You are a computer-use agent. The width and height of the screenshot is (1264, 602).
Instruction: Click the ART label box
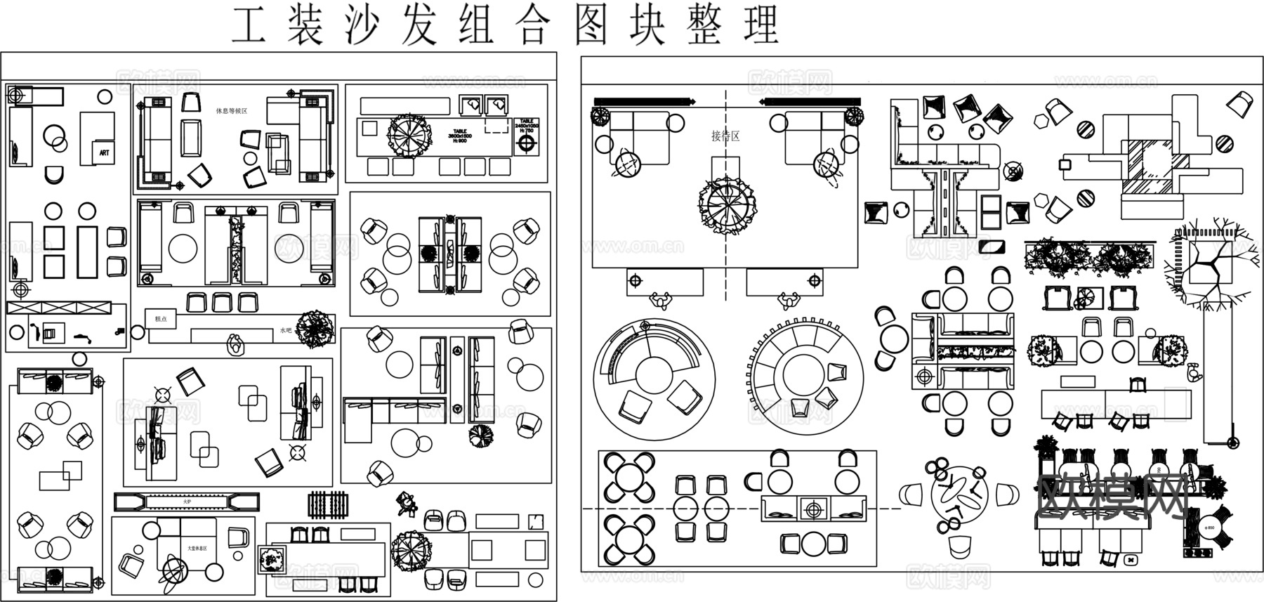[104, 152]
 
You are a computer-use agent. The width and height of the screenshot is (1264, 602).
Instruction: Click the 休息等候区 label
[232, 111]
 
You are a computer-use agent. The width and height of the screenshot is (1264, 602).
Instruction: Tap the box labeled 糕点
[161, 319]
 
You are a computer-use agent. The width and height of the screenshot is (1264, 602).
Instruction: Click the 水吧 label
[285, 330]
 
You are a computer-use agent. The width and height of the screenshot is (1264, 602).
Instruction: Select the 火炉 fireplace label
[187, 502]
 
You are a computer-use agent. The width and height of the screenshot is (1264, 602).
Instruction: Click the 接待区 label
[725, 136]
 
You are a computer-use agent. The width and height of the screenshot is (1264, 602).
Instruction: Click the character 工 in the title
[249, 26]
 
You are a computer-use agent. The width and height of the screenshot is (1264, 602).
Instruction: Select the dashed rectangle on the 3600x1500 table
[496, 126]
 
